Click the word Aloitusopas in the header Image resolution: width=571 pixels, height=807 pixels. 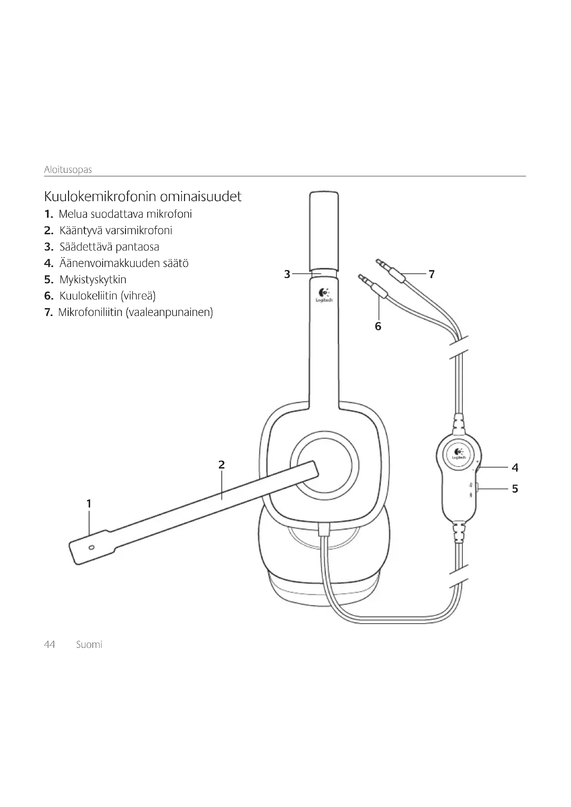pyautogui.click(x=68, y=170)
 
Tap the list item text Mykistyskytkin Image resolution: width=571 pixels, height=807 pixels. pyautogui.click(x=93, y=279)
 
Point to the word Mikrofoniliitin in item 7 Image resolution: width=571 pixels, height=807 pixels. pyautogui.click(x=90, y=312)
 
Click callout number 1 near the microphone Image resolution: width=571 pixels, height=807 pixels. pyautogui.click(x=89, y=504)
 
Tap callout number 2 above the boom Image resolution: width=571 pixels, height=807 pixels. pyautogui.click(x=222, y=465)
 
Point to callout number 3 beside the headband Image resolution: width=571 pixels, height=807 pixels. pyautogui.click(x=287, y=274)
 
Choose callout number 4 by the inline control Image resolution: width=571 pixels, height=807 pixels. pyautogui.click(x=515, y=468)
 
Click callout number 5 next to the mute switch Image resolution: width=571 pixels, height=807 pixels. pyautogui.click(x=515, y=489)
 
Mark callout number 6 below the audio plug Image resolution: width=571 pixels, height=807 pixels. pyautogui.click(x=378, y=326)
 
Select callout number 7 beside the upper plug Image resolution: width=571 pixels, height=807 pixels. pyautogui.click(x=432, y=274)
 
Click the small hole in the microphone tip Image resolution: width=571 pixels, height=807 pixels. pyautogui.click(x=92, y=547)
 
